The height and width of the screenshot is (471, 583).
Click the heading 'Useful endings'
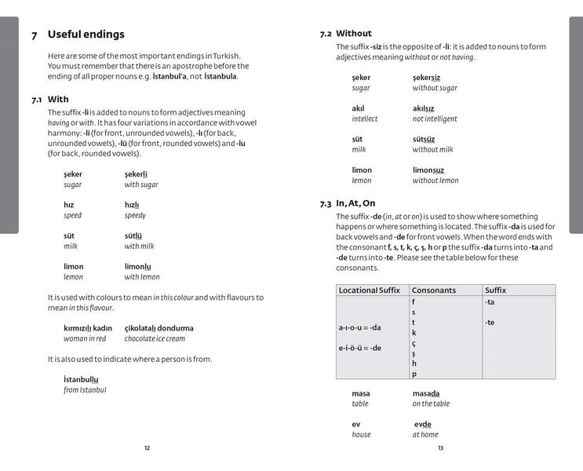click(x=86, y=35)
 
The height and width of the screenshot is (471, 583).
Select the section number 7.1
click(x=37, y=100)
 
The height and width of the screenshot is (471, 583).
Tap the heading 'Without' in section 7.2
click(x=354, y=34)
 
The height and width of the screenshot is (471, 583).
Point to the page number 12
click(x=147, y=448)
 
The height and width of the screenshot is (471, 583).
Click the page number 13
click(x=440, y=448)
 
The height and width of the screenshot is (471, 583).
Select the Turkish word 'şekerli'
click(x=136, y=174)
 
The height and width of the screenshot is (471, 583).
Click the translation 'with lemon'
click(x=142, y=277)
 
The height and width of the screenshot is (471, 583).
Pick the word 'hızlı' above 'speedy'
click(x=132, y=205)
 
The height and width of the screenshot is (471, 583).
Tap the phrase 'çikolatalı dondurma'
click(x=159, y=328)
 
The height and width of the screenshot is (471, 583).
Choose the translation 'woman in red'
click(x=85, y=338)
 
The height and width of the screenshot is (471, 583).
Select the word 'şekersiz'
click(x=426, y=78)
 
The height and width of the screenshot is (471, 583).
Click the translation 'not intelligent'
click(x=435, y=119)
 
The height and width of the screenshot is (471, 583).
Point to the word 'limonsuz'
click(x=428, y=170)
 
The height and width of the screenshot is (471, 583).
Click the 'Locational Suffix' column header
click(x=369, y=290)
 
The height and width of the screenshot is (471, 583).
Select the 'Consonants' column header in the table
click(x=434, y=290)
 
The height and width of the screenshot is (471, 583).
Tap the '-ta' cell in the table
click(x=490, y=301)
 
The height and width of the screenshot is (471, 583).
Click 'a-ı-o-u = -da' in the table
click(x=359, y=327)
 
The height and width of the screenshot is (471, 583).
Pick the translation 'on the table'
click(x=431, y=403)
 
